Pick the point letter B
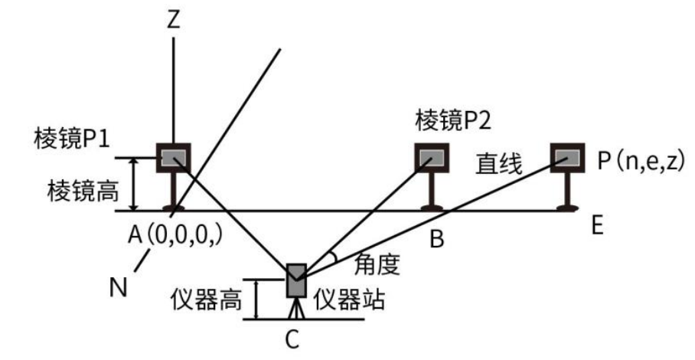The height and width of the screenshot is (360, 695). (x=437, y=240)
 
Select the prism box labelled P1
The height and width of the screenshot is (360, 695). (x=174, y=158)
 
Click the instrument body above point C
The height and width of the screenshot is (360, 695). (x=296, y=282)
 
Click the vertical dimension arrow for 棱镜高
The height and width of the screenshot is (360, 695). (x=134, y=184)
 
